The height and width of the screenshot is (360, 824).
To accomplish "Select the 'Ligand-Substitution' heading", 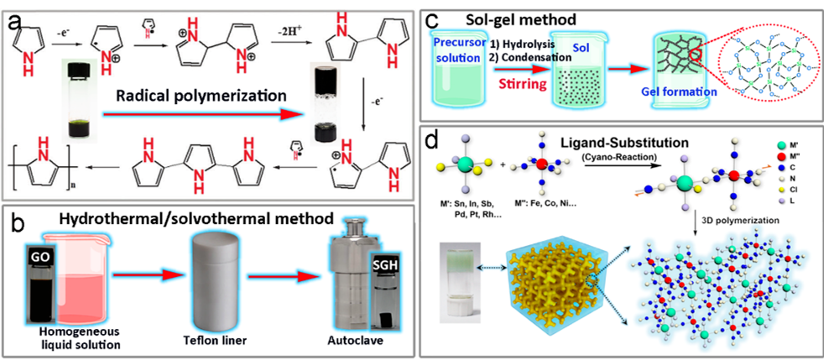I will pyautogui.click(x=613, y=140).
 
